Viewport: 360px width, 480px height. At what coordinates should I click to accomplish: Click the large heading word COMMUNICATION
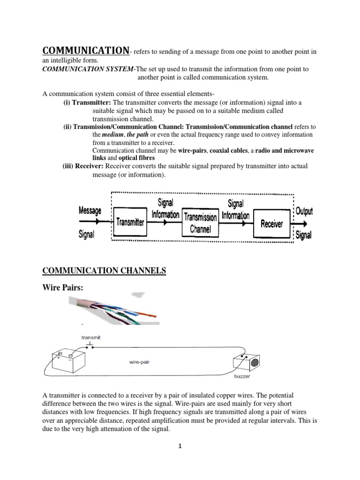click(x=86, y=50)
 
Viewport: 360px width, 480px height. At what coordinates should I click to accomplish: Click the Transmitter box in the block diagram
click(x=130, y=223)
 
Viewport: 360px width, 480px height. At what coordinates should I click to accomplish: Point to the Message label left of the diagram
click(x=90, y=211)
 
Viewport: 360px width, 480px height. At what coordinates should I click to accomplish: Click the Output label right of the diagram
click(x=304, y=211)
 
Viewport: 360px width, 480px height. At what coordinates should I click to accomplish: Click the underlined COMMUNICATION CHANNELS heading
click(x=104, y=270)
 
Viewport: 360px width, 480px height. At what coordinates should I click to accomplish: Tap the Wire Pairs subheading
click(x=63, y=288)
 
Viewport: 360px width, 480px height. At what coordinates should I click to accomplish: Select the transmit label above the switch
click(x=91, y=337)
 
